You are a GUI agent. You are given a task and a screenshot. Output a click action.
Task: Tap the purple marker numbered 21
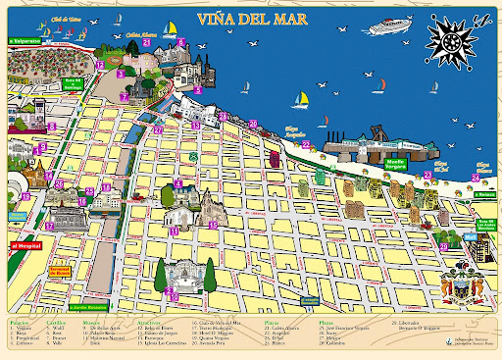(x=146, y=42)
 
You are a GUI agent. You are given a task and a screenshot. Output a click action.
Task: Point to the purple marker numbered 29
(x=308, y=296)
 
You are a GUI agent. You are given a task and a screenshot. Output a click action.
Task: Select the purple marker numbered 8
(x=180, y=42)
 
